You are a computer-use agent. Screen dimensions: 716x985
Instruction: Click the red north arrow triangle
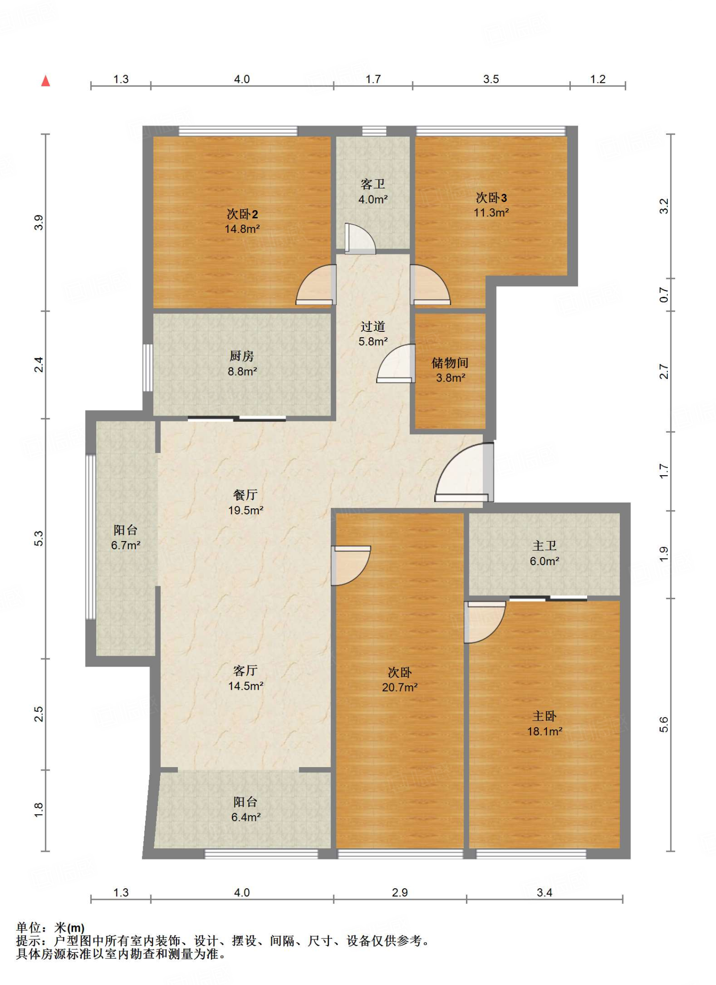(46, 81)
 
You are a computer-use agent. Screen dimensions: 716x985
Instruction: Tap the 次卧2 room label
(242, 214)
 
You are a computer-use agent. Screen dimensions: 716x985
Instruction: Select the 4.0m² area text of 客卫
(373, 199)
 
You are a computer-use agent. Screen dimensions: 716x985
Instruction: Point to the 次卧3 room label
(491, 198)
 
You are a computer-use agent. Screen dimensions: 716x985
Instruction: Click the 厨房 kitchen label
(242, 356)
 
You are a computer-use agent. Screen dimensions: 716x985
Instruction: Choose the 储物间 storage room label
(450, 363)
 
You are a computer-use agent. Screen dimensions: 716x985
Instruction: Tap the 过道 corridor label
(373, 327)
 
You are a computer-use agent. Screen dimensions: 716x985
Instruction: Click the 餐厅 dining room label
(246, 495)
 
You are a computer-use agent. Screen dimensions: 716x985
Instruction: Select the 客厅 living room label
(246, 670)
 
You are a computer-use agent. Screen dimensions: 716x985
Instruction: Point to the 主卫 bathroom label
(545, 546)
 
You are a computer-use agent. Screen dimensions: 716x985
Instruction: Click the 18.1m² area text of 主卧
(545, 732)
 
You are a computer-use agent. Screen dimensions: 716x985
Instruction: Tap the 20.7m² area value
(400, 688)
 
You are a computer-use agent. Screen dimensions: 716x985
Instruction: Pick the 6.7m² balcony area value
(126, 545)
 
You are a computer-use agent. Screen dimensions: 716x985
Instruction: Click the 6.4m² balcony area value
(246, 817)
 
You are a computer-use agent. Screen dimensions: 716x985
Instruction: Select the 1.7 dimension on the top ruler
(373, 79)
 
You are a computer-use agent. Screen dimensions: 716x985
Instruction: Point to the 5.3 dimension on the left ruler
(39, 539)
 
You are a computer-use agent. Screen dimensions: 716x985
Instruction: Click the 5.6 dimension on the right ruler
(664, 724)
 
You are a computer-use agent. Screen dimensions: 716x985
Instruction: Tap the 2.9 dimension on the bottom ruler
(400, 893)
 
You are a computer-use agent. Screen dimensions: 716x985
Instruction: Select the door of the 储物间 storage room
(396, 364)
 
